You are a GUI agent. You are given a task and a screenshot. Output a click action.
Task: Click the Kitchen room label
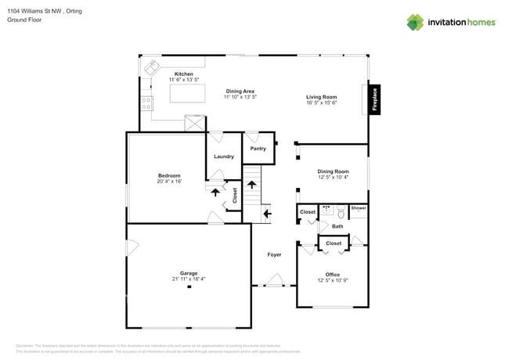pos(183,74)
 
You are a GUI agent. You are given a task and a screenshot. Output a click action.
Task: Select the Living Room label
pos(321,97)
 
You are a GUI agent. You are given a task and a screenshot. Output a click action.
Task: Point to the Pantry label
pos(258,149)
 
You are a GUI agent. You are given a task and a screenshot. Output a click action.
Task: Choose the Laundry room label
pos(224,157)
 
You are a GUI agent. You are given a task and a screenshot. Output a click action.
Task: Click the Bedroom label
pos(169,175)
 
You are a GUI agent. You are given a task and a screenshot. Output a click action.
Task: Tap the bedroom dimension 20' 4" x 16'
pos(169,182)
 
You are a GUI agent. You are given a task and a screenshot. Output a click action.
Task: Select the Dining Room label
pos(333,171)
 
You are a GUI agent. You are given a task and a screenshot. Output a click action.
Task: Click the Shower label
pos(358,208)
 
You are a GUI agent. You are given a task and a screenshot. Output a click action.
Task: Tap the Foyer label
pos(274,254)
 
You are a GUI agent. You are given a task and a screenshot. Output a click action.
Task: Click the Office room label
pos(333,274)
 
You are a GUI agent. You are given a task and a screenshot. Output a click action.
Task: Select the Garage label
pos(189,273)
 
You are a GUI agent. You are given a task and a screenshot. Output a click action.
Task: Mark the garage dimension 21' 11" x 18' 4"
pos(189,279)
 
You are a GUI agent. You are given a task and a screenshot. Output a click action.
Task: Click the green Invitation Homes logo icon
pos(415,23)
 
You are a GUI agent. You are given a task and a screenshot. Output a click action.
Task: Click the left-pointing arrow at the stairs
pos(267,212)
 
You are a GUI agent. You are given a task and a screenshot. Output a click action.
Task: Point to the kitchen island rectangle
pos(188,95)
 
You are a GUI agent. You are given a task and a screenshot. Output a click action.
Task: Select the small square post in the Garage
pos(189,288)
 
